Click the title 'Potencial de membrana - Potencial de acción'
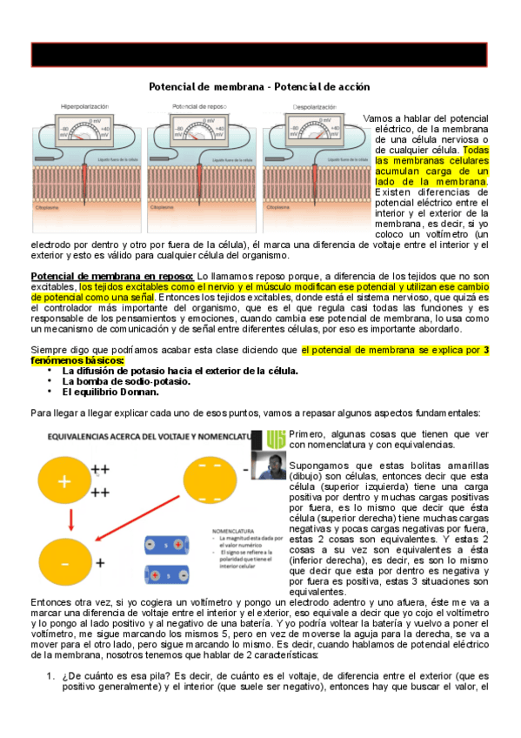click(260, 87)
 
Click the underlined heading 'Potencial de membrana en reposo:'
click(107, 275)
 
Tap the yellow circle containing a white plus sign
click(65, 481)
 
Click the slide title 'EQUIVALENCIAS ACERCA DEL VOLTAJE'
click(144, 434)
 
